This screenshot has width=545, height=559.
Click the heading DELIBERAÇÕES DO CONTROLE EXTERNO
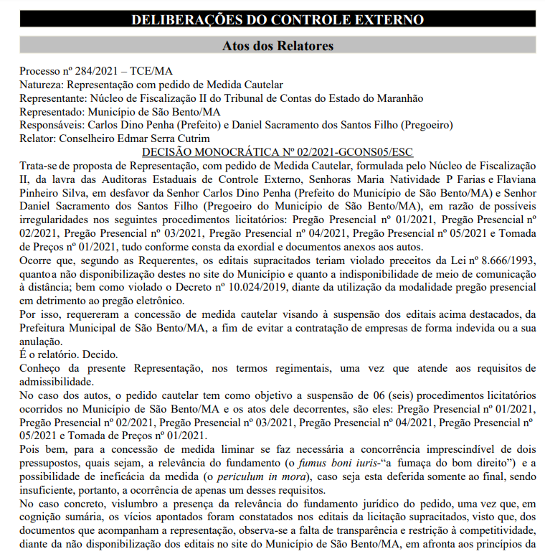click(278, 19)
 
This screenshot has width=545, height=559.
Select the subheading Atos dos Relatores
click(278, 46)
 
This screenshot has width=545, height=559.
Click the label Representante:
click(52, 98)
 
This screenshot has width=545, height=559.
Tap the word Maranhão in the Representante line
click(399, 98)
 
